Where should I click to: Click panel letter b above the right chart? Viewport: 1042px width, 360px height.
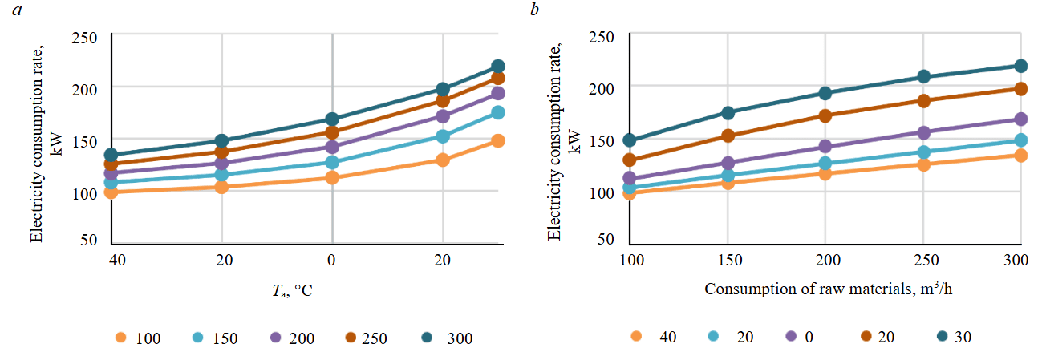[532, 10]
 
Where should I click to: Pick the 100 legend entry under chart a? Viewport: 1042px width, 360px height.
[137, 338]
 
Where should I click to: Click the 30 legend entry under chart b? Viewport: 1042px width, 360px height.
[951, 337]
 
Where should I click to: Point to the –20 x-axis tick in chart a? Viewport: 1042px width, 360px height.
[222, 262]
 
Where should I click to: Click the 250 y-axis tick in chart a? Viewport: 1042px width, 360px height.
[84, 36]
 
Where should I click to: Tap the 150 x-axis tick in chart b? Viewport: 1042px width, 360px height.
[728, 262]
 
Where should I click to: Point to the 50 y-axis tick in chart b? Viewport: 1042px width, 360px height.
[606, 239]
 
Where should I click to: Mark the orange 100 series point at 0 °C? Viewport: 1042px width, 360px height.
[332, 177]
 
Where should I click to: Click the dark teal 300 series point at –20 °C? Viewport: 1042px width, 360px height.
[222, 141]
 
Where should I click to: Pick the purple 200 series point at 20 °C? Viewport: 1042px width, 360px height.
[443, 116]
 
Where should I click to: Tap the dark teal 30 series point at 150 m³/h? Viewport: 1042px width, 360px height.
[728, 113]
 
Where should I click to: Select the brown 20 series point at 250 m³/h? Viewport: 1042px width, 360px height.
[923, 101]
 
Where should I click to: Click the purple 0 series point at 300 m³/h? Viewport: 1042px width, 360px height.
[1021, 119]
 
